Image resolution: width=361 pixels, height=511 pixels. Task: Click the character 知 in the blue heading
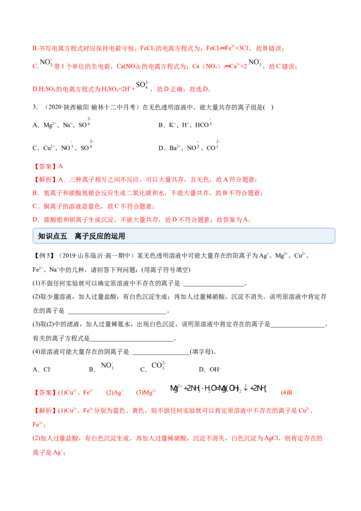pos(42,236)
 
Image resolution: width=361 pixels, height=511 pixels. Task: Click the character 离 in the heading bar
pos(79,236)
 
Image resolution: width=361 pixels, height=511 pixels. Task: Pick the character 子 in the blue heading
pos(86,236)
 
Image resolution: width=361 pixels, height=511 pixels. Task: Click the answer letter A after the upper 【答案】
pos(62,166)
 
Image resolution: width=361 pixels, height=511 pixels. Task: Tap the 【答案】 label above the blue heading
pos(46,166)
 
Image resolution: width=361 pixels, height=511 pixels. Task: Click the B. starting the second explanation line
pos(35,193)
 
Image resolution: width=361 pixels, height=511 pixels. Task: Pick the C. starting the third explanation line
pos(35,206)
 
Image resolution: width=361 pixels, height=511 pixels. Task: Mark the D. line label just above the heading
pos(35,220)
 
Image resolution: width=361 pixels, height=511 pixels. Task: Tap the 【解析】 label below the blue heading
pos(46,411)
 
